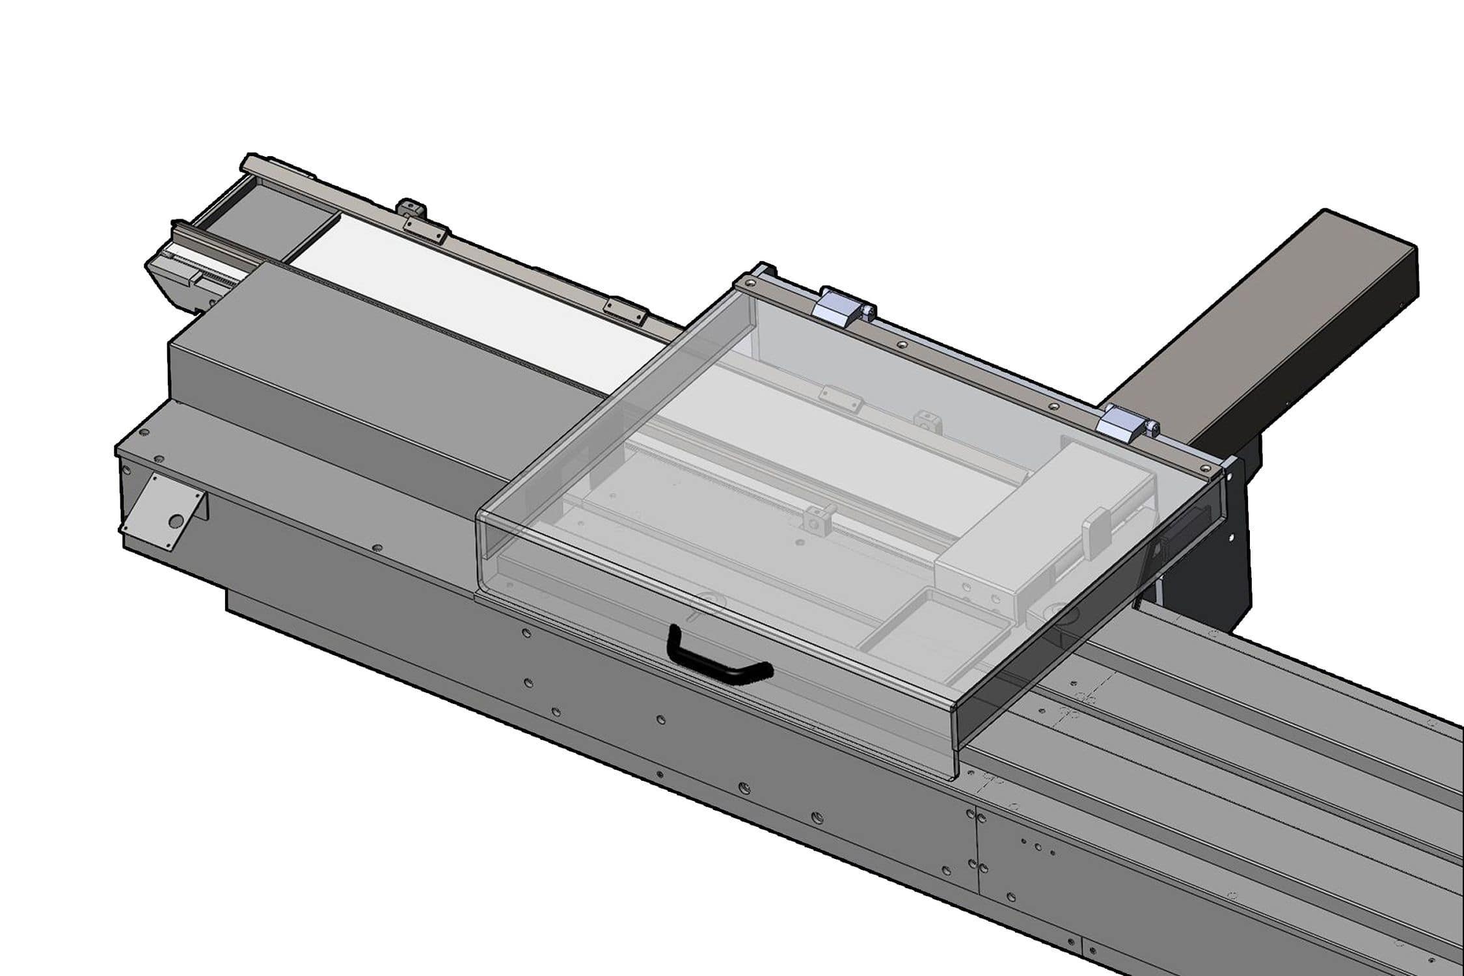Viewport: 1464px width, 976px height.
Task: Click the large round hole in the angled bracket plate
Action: (x=175, y=521)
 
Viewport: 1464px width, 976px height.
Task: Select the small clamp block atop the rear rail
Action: (x=411, y=210)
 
